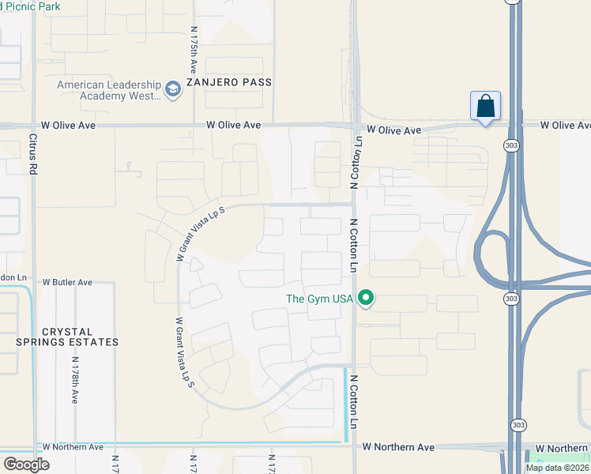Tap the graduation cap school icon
[x=174, y=90]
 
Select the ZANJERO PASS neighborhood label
[x=229, y=82]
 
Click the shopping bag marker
[x=485, y=107]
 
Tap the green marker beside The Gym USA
[x=365, y=299]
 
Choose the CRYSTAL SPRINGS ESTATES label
[x=68, y=337]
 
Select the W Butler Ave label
[x=67, y=282]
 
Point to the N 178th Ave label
[x=75, y=380]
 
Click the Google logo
[x=26, y=465]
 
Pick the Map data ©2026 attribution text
[x=557, y=468]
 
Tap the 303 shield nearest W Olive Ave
[x=510, y=146]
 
